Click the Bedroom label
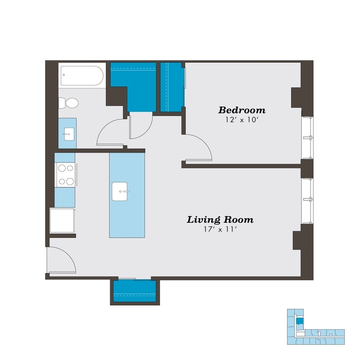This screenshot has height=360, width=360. pyautogui.click(x=242, y=110)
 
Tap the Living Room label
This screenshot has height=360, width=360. pyautogui.click(x=220, y=220)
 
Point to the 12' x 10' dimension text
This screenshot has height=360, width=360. pyautogui.click(x=242, y=120)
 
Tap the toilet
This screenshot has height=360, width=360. pyautogui.click(x=69, y=103)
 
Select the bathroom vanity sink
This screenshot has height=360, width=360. pyautogui.click(x=67, y=134)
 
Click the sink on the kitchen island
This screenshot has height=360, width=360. pyautogui.click(x=121, y=192)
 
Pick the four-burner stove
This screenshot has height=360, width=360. pyautogui.click(x=65, y=175)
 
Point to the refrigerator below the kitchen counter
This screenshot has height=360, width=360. pyautogui.click(x=62, y=221)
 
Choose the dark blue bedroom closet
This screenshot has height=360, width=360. pyautogui.click(x=172, y=87)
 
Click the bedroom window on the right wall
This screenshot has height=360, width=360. pyautogui.click(x=308, y=137)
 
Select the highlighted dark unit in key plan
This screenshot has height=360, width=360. pyautogui.click(x=300, y=321)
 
